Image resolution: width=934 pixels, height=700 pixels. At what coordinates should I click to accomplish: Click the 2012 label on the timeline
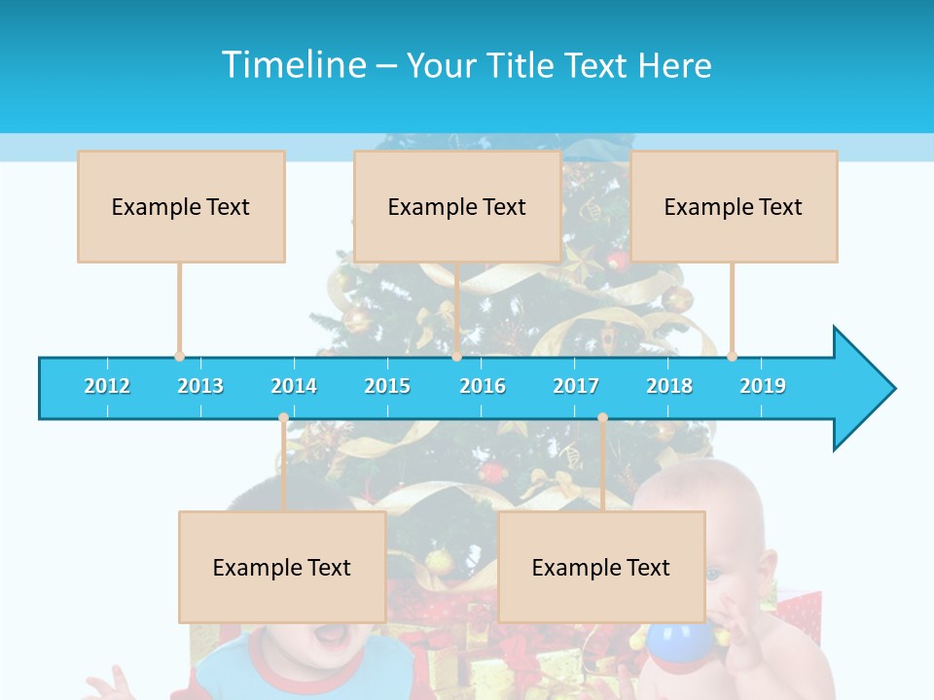click(x=107, y=386)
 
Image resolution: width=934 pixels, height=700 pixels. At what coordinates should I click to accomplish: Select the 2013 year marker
click(x=200, y=386)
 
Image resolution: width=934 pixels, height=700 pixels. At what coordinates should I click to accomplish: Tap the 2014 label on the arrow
click(x=294, y=386)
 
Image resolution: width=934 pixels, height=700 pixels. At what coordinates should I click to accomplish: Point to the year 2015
click(x=387, y=386)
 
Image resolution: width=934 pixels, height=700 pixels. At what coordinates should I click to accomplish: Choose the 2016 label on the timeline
click(x=483, y=386)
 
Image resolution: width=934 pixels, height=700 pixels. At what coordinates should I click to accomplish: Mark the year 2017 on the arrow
click(x=576, y=386)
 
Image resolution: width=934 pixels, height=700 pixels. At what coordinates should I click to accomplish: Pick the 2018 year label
click(x=669, y=386)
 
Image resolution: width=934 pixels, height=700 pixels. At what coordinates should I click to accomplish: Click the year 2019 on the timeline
click(x=763, y=386)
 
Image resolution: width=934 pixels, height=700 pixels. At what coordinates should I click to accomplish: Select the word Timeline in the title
click(x=294, y=65)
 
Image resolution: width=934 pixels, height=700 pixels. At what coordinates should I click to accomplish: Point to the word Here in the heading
click(x=674, y=65)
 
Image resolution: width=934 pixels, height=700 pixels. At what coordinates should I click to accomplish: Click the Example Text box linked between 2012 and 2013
click(x=181, y=206)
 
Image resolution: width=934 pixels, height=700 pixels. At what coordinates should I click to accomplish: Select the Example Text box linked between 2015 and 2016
click(x=457, y=206)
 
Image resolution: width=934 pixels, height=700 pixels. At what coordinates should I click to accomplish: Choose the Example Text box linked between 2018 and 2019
click(x=734, y=206)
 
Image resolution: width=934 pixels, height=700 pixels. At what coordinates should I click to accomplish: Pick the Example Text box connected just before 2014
click(x=282, y=567)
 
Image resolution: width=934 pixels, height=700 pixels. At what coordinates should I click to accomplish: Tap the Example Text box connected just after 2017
click(x=601, y=567)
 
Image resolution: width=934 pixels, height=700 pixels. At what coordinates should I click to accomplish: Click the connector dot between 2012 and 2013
click(x=179, y=356)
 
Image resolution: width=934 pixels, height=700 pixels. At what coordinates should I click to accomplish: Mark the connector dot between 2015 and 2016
click(x=457, y=356)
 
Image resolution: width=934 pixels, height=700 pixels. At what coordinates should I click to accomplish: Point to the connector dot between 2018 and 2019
click(x=733, y=356)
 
